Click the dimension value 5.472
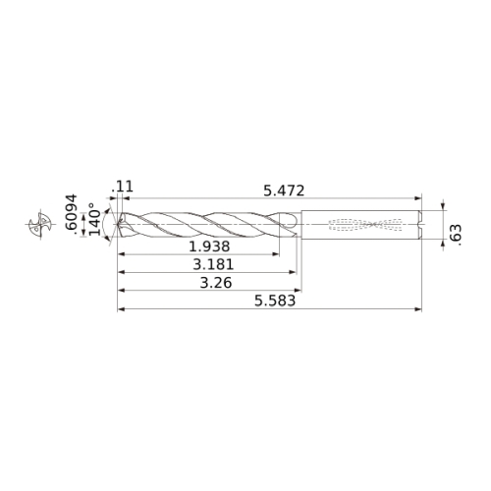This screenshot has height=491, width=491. click(284, 191)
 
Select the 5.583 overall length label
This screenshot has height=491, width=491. click(275, 300)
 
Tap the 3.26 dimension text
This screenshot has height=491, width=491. click(216, 283)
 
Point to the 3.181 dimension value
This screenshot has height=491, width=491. click(213, 264)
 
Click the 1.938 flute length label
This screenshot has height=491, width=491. click(209, 246)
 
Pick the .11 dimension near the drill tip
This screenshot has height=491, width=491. click(123, 187)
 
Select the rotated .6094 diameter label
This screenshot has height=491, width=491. click(71, 214)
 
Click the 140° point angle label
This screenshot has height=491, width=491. click(95, 219)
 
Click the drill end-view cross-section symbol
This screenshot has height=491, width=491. click(40, 224)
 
